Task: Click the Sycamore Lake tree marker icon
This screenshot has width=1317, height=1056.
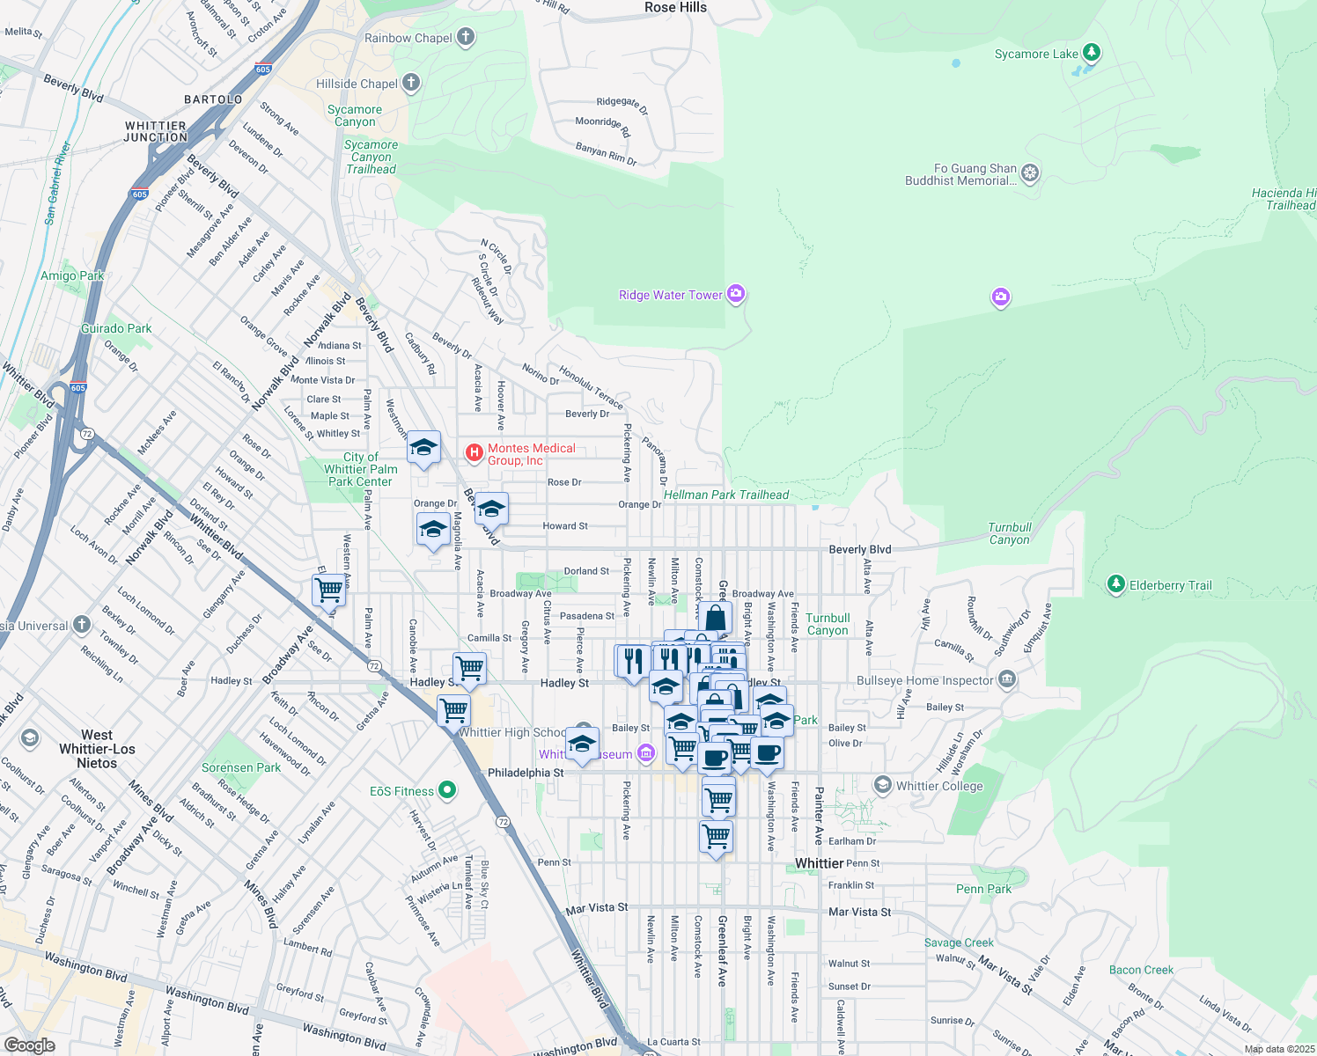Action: click(x=1092, y=53)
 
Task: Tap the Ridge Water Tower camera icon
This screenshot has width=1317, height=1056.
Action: click(x=736, y=294)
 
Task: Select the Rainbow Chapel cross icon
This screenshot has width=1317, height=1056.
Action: click(x=466, y=37)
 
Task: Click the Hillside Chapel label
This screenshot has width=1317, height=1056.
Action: click(x=357, y=84)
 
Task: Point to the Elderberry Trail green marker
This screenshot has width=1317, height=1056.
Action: click(x=1115, y=584)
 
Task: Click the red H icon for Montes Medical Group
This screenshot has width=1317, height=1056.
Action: click(x=475, y=453)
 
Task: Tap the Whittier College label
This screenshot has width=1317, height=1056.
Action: click(x=939, y=786)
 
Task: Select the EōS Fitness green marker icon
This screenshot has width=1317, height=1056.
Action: click(x=447, y=790)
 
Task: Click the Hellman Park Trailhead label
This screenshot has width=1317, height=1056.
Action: click(x=726, y=495)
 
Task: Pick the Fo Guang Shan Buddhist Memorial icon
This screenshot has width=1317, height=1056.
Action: click(x=1030, y=173)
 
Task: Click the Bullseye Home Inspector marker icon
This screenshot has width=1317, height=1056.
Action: click(x=1007, y=679)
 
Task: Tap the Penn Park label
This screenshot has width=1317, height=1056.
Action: click(x=983, y=889)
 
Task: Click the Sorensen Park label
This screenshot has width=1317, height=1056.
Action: click(x=241, y=767)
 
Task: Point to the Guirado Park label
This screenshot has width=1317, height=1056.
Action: click(x=116, y=328)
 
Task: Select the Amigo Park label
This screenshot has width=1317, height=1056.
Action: click(x=72, y=275)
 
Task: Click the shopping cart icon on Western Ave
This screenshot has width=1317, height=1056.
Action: click(x=329, y=590)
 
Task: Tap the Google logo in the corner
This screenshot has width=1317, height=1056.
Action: click(x=29, y=1045)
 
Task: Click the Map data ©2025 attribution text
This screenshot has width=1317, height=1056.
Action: click(x=1278, y=1049)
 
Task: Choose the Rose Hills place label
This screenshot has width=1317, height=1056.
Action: click(x=675, y=8)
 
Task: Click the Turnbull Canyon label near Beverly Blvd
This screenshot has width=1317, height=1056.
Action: click(x=1009, y=533)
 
